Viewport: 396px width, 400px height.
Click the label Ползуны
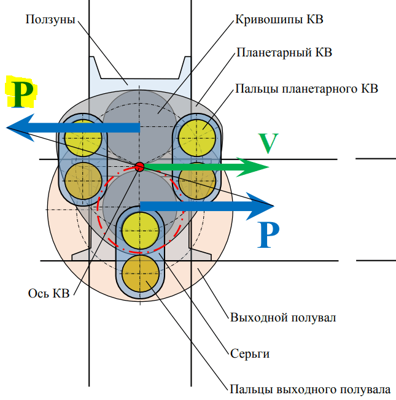[x=50, y=20]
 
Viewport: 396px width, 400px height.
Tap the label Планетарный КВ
[x=284, y=53]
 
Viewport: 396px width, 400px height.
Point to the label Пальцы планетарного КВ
[x=306, y=88]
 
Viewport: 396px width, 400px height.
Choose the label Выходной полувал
[x=282, y=318]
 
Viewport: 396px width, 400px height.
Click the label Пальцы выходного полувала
[x=309, y=390]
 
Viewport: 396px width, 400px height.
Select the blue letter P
[x=268, y=234]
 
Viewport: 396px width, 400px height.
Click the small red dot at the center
[x=139, y=167]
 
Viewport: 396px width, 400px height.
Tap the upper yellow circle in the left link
[x=83, y=136]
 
